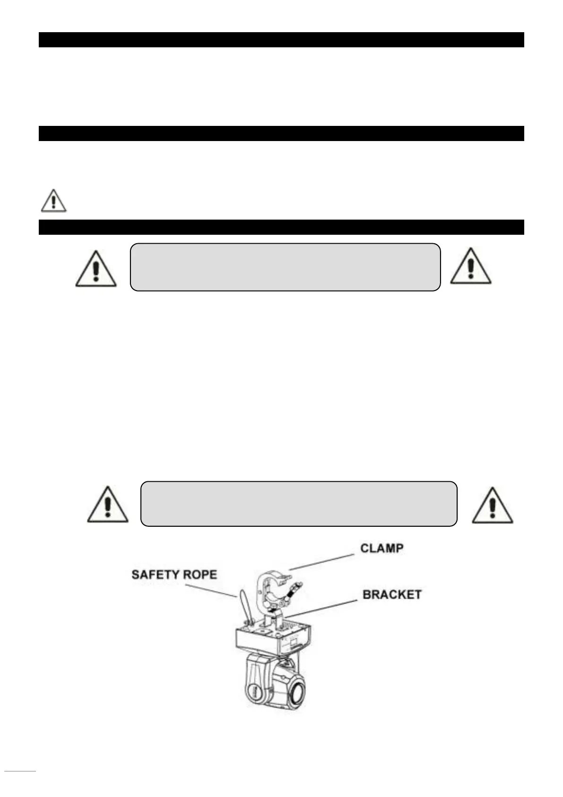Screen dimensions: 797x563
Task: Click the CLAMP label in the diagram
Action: (x=382, y=549)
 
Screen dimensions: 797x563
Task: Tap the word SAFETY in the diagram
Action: (x=151, y=575)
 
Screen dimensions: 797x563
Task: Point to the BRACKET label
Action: (x=392, y=594)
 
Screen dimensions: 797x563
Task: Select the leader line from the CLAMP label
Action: (x=321, y=562)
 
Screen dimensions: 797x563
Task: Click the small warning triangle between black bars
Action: (x=53, y=202)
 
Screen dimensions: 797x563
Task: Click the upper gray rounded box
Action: (x=285, y=267)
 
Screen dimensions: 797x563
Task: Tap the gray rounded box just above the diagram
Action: (x=299, y=504)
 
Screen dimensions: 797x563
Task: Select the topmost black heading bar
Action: (x=281, y=40)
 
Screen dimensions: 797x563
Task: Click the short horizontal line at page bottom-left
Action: (x=20, y=771)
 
